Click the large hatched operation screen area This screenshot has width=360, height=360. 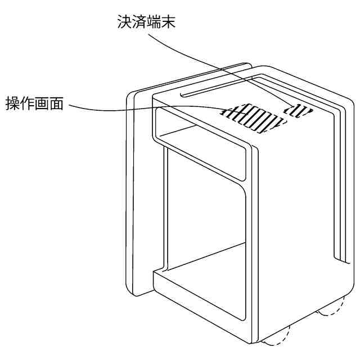point(253,117)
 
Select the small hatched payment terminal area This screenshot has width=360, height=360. point(299,110)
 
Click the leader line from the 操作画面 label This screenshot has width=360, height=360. point(141,108)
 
